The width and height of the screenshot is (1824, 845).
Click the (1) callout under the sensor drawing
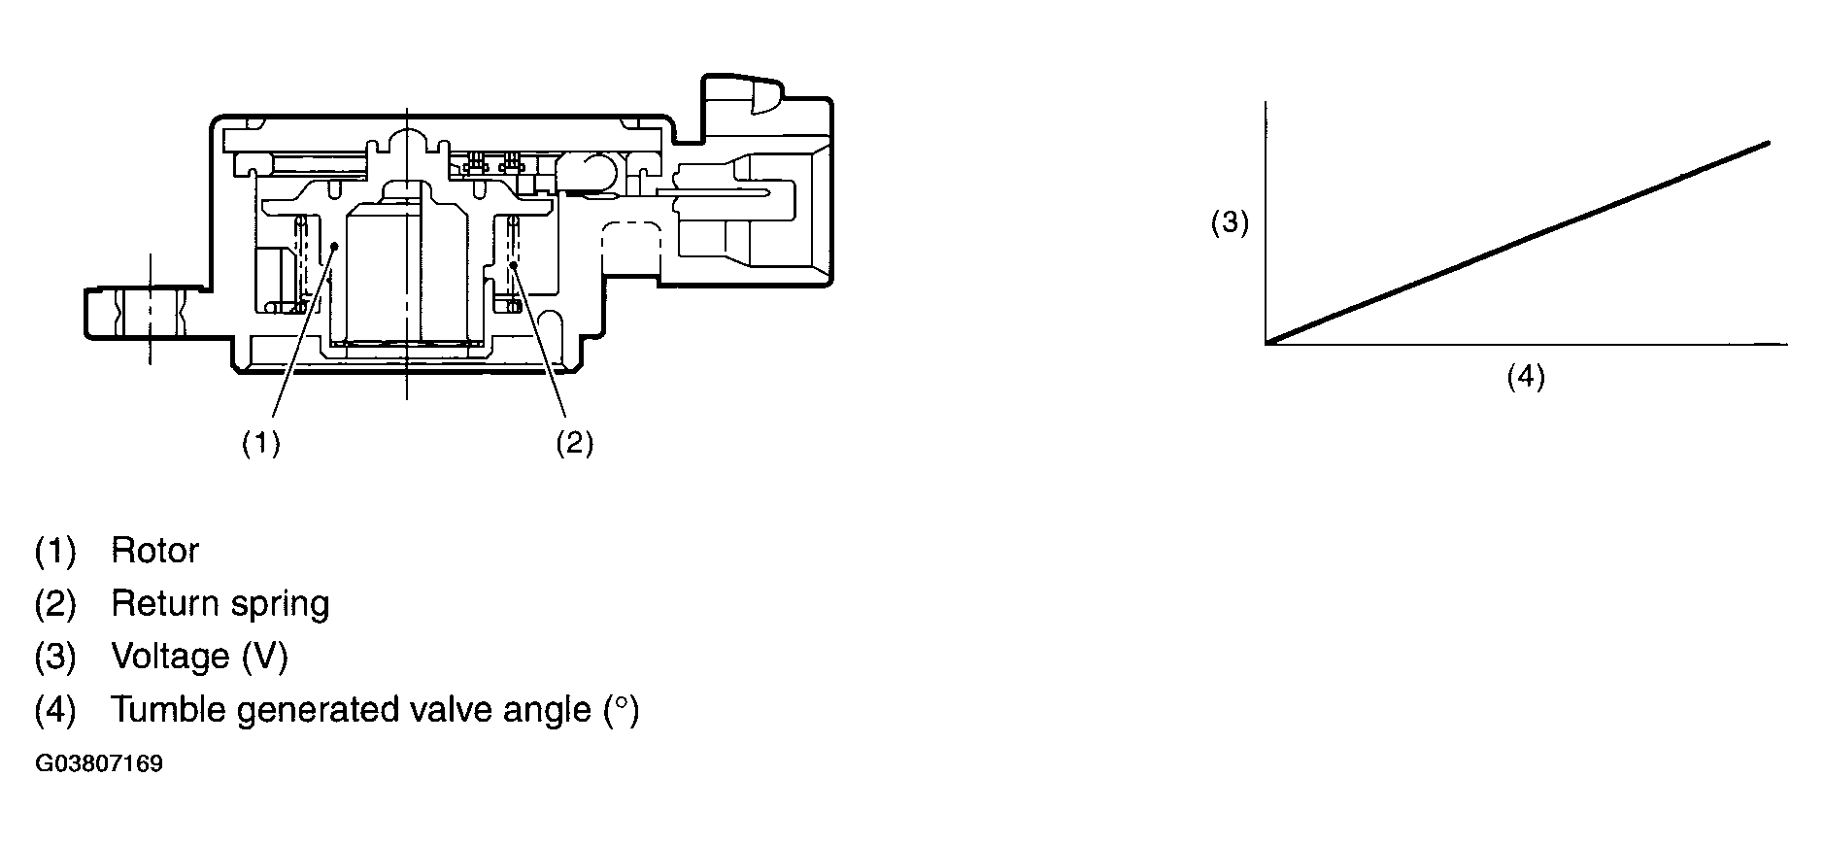(x=261, y=443)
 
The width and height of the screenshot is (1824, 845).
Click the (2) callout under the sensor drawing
(x=574, y=443)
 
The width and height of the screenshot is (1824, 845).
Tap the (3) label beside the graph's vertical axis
(x=1229, y=222)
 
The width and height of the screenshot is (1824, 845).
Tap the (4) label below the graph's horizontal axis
(x=1525, y=376)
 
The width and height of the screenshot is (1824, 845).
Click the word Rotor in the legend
(x=154, y=551)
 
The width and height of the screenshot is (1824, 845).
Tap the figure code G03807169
(x=98, y=763)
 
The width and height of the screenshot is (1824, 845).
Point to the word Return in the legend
(x=161, y=604)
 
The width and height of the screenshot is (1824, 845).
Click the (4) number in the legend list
(x=54, y=710)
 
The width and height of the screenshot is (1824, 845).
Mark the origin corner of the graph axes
(x=1267, y=343)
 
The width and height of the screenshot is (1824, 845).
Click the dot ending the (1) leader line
(x=333, y=246)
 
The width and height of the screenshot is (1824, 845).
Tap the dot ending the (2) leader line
(x=512, y=263)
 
